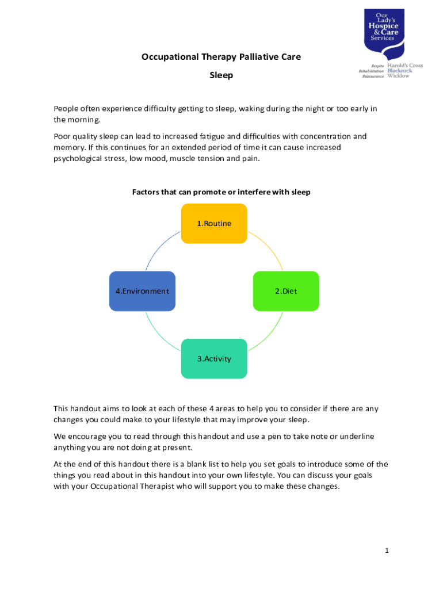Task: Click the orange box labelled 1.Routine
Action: click(x=214, y=223)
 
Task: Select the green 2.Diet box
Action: click(x=286, y=291)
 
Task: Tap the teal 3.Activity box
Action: click(x=214, y=358)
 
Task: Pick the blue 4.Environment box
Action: click(x=142, y=291)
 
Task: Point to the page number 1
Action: click(x=387, y=550)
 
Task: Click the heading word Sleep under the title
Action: click(x=221, y=75)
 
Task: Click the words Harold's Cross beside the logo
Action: click(x=405, y=66)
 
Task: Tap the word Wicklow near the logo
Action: click(x=399, y=75)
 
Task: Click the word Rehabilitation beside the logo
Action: click(x=371, y=71)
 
